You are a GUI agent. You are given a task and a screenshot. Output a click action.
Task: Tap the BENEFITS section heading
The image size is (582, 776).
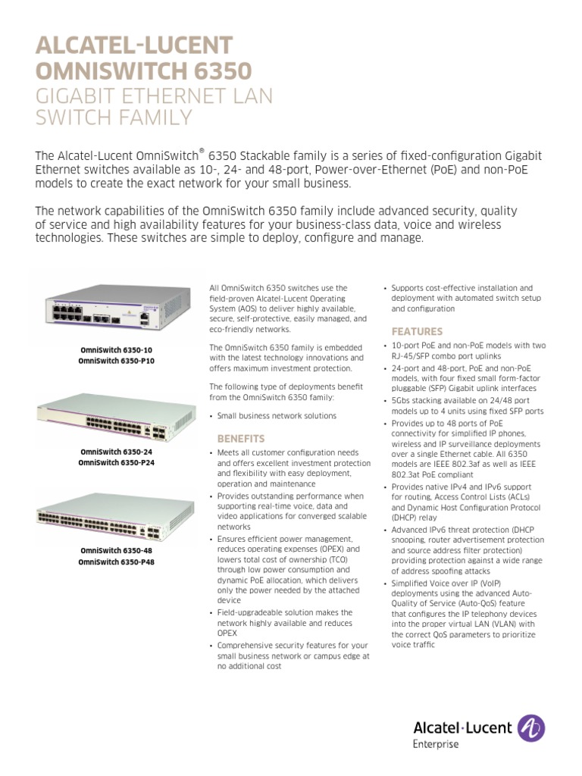241,439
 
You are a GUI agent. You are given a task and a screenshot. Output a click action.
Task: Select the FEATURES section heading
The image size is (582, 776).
417,331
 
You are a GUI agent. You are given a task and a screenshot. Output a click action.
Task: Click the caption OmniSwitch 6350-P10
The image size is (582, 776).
117,361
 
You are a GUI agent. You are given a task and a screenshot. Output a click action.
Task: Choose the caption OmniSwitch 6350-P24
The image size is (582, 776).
117,463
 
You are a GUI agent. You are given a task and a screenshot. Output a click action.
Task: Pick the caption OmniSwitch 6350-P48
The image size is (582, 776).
117,563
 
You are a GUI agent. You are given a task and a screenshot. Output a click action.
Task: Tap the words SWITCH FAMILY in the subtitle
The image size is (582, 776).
114,119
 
